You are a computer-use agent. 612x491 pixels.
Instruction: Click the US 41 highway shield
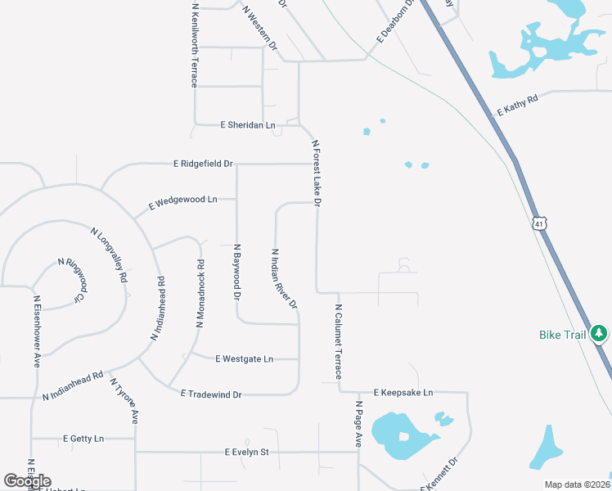pyautogui.click(x=538, y=223)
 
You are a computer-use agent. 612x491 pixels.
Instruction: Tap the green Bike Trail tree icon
pyautogui.click(x=600, y=334)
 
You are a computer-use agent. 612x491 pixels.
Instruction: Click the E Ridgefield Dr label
pyautogui.click(x=203, y=164)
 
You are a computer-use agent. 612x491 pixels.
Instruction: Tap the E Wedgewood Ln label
pyautogui.click(x=182, y=200)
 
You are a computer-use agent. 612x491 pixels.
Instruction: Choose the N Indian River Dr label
pyautogui.click(x=284, y=279)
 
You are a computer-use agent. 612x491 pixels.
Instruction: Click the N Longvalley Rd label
pyautogui.click(x=109, y=255)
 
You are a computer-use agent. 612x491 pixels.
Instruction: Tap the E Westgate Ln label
pyautogui.click(x=244, y=358)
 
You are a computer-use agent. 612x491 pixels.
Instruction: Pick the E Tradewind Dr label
pyautogui.click(x=211, y=394)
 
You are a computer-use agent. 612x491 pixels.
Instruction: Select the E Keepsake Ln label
pyautogui.click(x=403, y=393)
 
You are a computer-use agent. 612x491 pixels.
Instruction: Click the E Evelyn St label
pyautogui.click(x=246, y=452)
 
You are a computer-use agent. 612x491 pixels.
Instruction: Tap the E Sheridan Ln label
pyautogui.click(x=248, y=125)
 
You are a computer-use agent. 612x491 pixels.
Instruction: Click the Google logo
pyautogui.click(x=27, y=481)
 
